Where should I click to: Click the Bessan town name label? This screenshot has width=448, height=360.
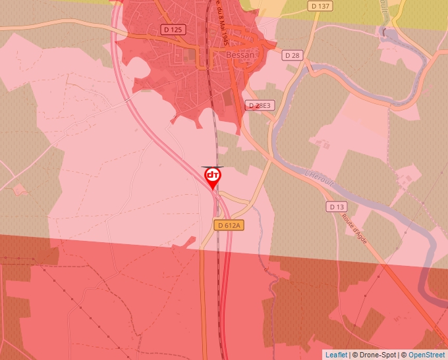point(240,55)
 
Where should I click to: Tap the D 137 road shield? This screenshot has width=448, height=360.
point(320,6)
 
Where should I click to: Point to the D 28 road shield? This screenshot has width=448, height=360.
point(292,55)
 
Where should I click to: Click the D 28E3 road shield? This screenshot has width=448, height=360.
point(260,105)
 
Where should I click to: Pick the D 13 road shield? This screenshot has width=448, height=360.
point(336,207)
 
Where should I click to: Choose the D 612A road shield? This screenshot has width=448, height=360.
point(229,225)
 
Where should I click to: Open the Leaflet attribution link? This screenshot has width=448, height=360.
point(336,355)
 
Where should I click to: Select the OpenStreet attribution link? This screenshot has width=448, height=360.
point(427,355)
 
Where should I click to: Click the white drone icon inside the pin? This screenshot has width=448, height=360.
point(213,175)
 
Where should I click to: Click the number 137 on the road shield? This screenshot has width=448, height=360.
point(323,6)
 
